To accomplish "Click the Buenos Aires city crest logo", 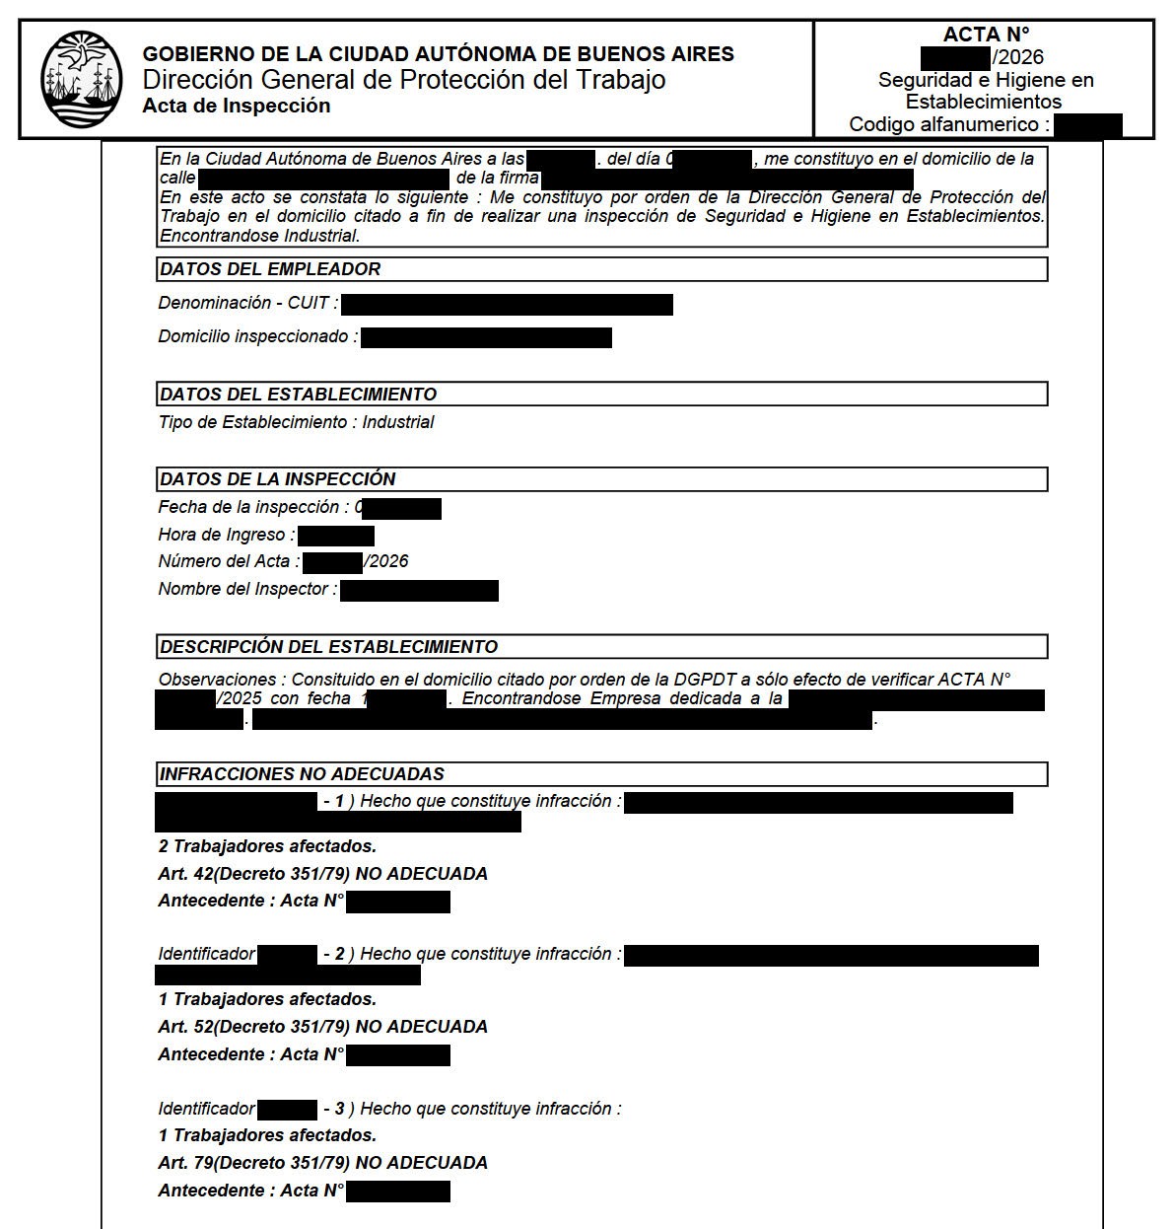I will (81, 79).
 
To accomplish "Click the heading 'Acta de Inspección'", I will (236, 106).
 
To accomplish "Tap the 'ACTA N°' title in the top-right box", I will (985, 35).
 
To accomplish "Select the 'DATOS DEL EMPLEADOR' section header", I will (269, 269).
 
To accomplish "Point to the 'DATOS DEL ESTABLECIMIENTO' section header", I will (298, 395).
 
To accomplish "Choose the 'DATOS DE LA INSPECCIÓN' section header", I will (277, 479).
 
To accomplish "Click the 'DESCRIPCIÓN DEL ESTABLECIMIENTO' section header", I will (328, 647).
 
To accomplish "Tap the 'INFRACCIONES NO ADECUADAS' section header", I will (301, 774).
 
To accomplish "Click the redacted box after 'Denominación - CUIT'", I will (507, 305).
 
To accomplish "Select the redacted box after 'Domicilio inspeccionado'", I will (486, 338).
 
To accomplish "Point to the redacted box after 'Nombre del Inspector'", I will (419, 591).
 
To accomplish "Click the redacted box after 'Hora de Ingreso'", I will (335, 536).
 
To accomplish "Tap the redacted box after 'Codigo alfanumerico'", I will (1087, 125).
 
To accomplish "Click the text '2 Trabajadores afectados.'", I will (267, 846).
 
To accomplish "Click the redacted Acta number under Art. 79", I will (398, 1192).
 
